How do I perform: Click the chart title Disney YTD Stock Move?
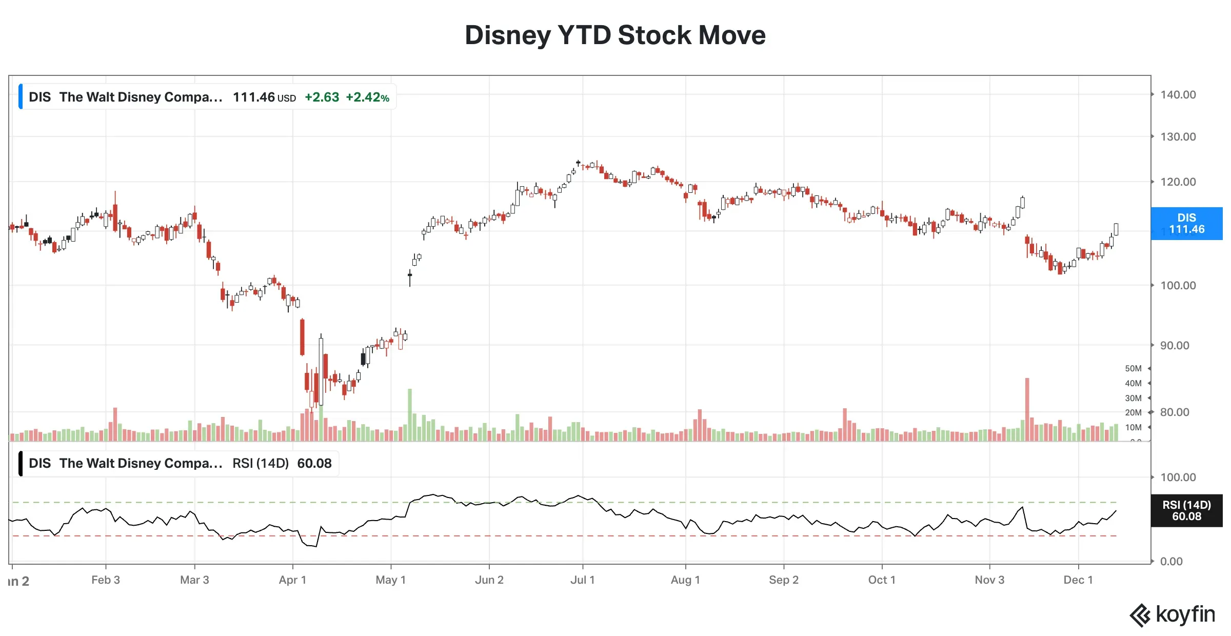coord(614,35)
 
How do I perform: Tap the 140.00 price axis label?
coord(1178,95)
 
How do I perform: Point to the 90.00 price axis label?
coord(1174,346)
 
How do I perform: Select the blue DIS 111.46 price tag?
coord(1186,224)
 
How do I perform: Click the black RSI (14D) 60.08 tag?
coord(1186,511)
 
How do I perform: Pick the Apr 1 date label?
coord(292,580)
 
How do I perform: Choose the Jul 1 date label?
coord(582,580)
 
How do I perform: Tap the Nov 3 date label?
coord(989,580)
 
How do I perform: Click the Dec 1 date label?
coord(1078,580)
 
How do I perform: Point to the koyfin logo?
coord(1173,614)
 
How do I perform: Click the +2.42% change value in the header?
coord(367,97)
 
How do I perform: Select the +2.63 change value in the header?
coord(322,97)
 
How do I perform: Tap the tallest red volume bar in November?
coord(1027,409)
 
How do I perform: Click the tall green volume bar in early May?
coord(410,414)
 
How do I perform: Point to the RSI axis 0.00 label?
coord(1171,562)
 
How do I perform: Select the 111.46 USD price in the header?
coord(264,97)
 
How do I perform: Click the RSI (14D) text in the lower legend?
coord(261,464)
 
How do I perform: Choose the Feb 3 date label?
coord(106,580)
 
